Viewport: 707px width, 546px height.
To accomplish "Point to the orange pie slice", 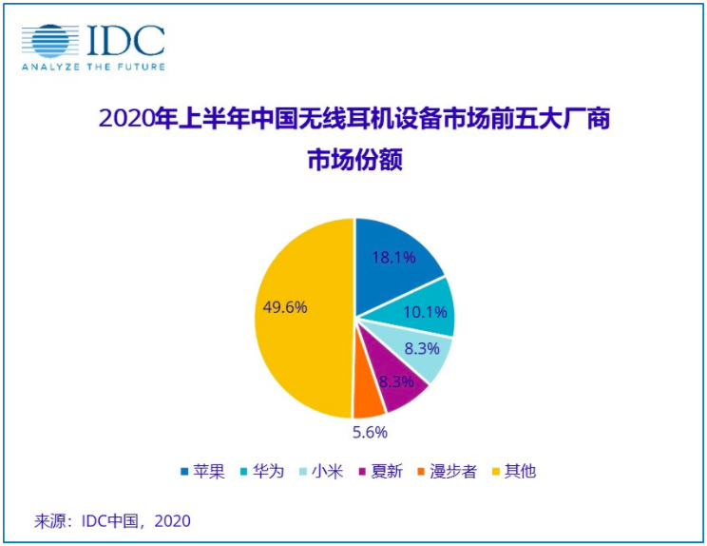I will pyautogui.click(x=368, y=403).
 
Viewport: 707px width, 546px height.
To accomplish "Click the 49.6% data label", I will pyautogui.click(x=283, y=307).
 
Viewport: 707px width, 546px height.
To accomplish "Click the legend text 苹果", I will pyautogui.click(x=209, y=472).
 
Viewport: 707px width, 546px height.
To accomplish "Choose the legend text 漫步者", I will pyautogui.click(x=455, y=472).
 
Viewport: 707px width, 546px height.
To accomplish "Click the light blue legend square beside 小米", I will pyautogui.click(x=308, y=472).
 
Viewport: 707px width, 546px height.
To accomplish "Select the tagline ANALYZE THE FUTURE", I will pyautogui.click(x=93, y=67).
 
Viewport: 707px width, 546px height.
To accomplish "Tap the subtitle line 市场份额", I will pyautogui.click(x=354, y=162).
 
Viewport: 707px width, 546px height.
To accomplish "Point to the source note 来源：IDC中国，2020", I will pyautogui.click(x=113, y=520).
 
